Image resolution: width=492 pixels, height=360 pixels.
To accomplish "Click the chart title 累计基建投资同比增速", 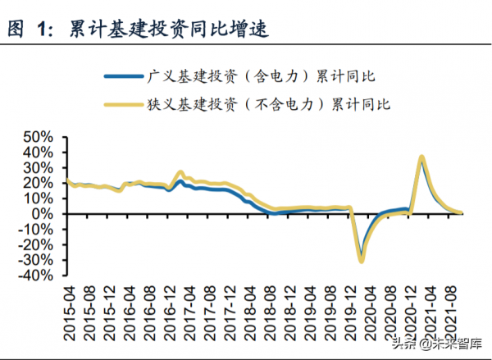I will [167, 30].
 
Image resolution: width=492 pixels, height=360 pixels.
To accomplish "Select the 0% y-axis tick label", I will [45, 214].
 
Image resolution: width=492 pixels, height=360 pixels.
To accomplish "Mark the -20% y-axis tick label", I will [38, 245].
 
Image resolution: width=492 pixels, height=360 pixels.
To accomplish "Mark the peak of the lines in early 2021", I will [421, 157].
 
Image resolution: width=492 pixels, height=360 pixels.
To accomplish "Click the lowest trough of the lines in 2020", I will [361, 261].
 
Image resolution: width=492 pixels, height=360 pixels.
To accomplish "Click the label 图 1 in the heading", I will [29, 30].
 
